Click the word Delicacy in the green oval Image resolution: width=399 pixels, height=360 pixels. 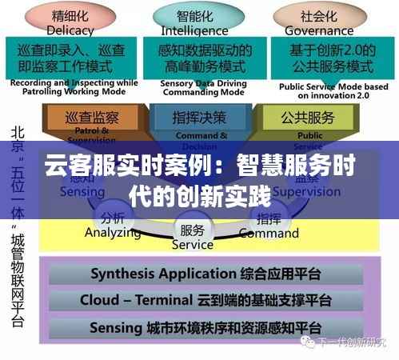coord(70,30)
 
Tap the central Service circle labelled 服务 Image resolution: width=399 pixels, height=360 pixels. coord(192,237)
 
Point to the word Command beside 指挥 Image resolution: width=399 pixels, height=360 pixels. coord(269,234)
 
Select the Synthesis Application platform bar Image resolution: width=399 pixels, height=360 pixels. coord(205,274)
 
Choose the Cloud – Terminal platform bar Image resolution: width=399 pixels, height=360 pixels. coord(205,301)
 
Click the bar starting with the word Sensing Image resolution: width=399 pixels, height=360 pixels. coord(205,328)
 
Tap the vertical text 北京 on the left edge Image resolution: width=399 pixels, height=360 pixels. coord(16,138)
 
